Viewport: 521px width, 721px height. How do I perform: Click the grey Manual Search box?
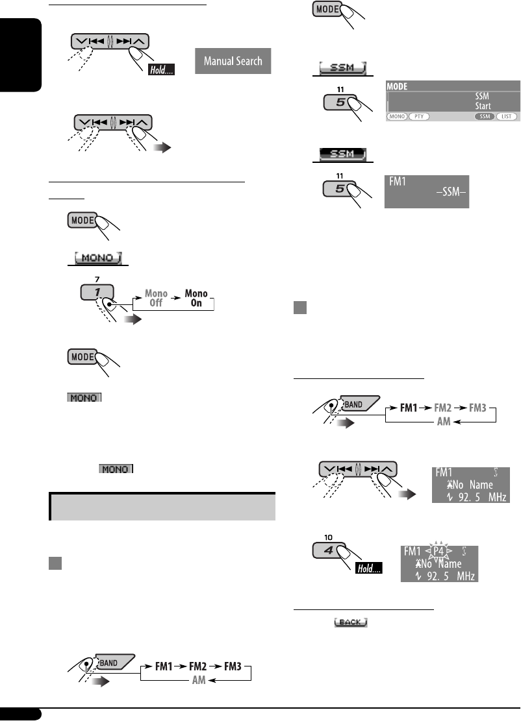(x=233, y=62)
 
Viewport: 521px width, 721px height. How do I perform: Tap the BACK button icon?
(x=351, y=622)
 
